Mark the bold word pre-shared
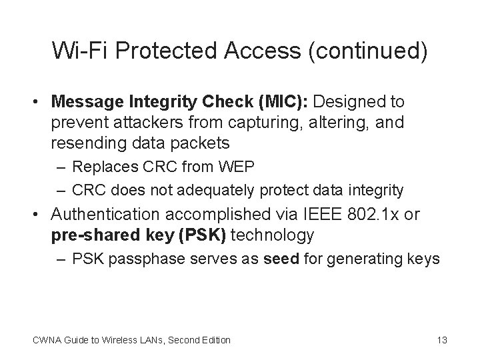point(87,235)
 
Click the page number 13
point(441,340)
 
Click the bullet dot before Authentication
point(39,215)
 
